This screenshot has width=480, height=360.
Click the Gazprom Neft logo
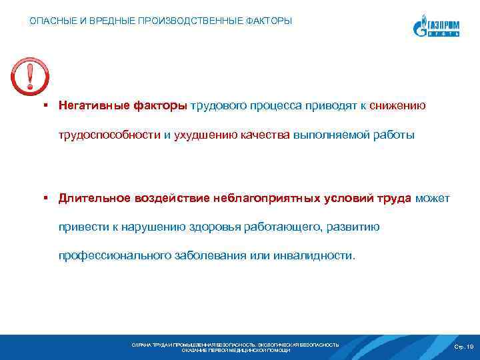[x=436, y=27]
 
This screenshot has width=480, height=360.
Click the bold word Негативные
[x=93, y=105]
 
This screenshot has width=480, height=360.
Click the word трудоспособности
[x=109, y=135]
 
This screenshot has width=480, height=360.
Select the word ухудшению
[x=205, y=135]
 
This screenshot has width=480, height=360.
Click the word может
[x=432, y=198]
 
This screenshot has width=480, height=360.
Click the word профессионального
[x=114, y=255]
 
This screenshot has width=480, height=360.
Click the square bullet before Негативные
[x=44, y=105]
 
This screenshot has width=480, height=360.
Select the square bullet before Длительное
[x=44, y=198]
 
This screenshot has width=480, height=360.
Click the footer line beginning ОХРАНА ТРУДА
[x=235, y=345]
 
